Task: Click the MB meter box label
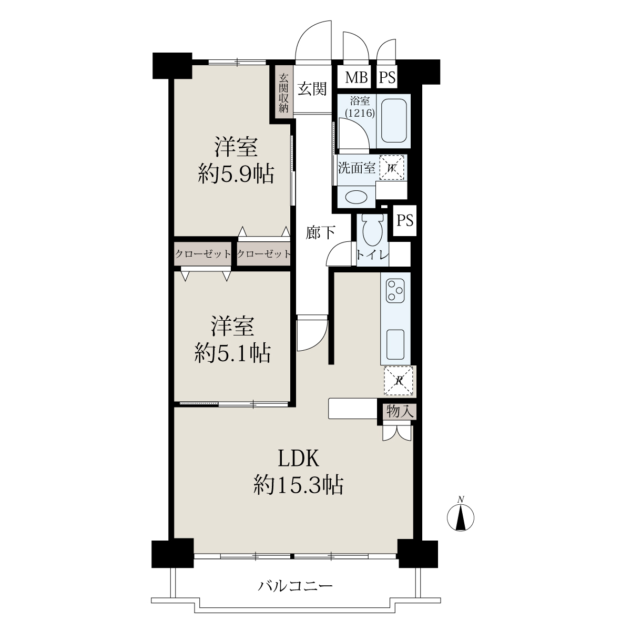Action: (x=357, y=78)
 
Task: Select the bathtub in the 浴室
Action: (x=394, y=120)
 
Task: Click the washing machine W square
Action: (x=391, y=168)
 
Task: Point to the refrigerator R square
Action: (x=398, y=380)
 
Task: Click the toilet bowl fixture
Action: (x=372, y=230)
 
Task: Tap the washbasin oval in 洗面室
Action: (x=357, y=197)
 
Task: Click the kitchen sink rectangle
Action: (x=395, y=344)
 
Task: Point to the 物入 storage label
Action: (x=400, y=411)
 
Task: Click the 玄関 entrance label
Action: (x=312, y=88)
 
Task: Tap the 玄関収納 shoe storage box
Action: (x=283, y=94)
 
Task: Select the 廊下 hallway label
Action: (x=321, y=232)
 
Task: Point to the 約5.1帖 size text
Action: (x=232, y=353)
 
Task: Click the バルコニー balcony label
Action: (x=295, y=585)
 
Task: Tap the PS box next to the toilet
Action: (x=405, y=220)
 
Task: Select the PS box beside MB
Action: (x=387, y=78)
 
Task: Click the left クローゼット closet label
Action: (x=203, y=253)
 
